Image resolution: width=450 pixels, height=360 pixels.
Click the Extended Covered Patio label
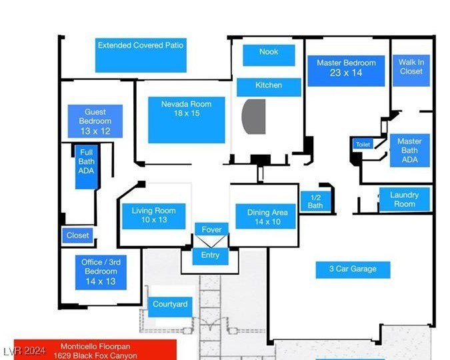click(x=141, y=54)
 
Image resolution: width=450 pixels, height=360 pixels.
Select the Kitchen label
click(x=269, y=86)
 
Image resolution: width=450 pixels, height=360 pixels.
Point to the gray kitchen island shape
click(x=254, y=117)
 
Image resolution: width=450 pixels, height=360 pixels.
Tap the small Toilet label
click(x=363, y=144)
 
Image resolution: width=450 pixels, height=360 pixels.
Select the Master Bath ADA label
click(x=409, y=150)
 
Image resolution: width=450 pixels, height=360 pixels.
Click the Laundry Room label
click(x=404, y=199)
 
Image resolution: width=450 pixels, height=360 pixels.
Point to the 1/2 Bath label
click(x=315, y=202)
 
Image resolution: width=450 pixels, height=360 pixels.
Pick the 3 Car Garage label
click(x=353, y=269)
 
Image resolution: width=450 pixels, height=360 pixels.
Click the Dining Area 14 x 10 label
click(x=267, y=217)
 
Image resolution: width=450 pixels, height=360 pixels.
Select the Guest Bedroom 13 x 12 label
click(x=95, y=121)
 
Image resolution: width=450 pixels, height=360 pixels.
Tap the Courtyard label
click(x=170, y=305)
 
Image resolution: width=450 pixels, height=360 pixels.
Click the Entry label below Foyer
click(x=210, y=255)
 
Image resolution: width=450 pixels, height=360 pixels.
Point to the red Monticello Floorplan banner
click(x=95, y=350)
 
